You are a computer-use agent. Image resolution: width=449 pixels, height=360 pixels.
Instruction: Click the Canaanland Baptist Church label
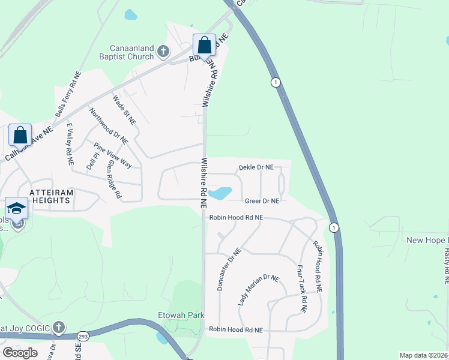pyautogui.click(x=131, y=52)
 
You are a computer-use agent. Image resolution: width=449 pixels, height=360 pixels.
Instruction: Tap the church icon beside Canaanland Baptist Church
pyautogui.click(x=163, y=52)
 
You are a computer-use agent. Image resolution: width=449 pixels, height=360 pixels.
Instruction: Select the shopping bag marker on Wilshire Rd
pyautogui.click(x=204, y=46)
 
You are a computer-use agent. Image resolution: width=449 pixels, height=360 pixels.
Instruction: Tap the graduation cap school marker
pyautogui.click(x=17, y=208)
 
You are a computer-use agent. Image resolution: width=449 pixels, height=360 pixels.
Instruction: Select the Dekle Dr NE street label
pyautogui.click(x=256, y=167)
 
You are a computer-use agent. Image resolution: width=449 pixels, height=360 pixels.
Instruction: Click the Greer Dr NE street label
pyautogui.click(x=262, y=201)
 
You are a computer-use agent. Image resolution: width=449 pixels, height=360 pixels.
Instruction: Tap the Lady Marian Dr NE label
pyautogui.click(x=259, y=290)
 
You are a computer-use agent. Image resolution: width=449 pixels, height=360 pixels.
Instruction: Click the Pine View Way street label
pyautogui.click(x=112, y=155)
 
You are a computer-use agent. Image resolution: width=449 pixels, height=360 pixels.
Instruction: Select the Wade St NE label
pyautogui.click(x=125, y=109)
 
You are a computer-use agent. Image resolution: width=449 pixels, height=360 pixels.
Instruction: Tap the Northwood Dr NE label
pyautogui.click(x=109, y=126)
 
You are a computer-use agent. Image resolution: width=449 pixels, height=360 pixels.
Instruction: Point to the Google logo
pyautogui.click(x=20, y=352)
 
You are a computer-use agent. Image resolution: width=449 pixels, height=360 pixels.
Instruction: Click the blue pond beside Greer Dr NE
pyautogui.click(x=221, y=193)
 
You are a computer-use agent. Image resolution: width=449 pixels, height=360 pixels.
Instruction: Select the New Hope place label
pyautogui.click(x=427, y=240)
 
